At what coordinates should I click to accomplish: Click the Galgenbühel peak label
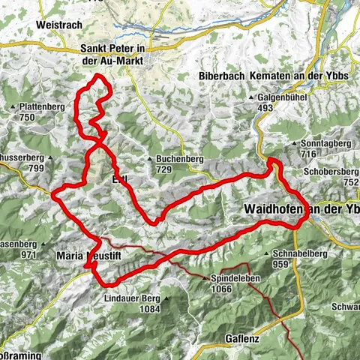click(274, 97)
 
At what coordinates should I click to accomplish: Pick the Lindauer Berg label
click(134, 298)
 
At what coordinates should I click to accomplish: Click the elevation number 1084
click(150, 309)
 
